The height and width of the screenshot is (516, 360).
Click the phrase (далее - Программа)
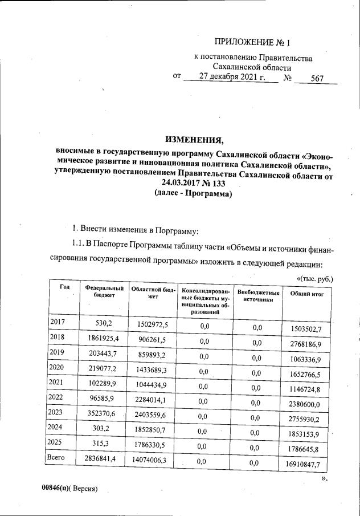click(x=193, y=194)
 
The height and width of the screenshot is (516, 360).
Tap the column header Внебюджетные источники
click(x=258, y=296)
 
